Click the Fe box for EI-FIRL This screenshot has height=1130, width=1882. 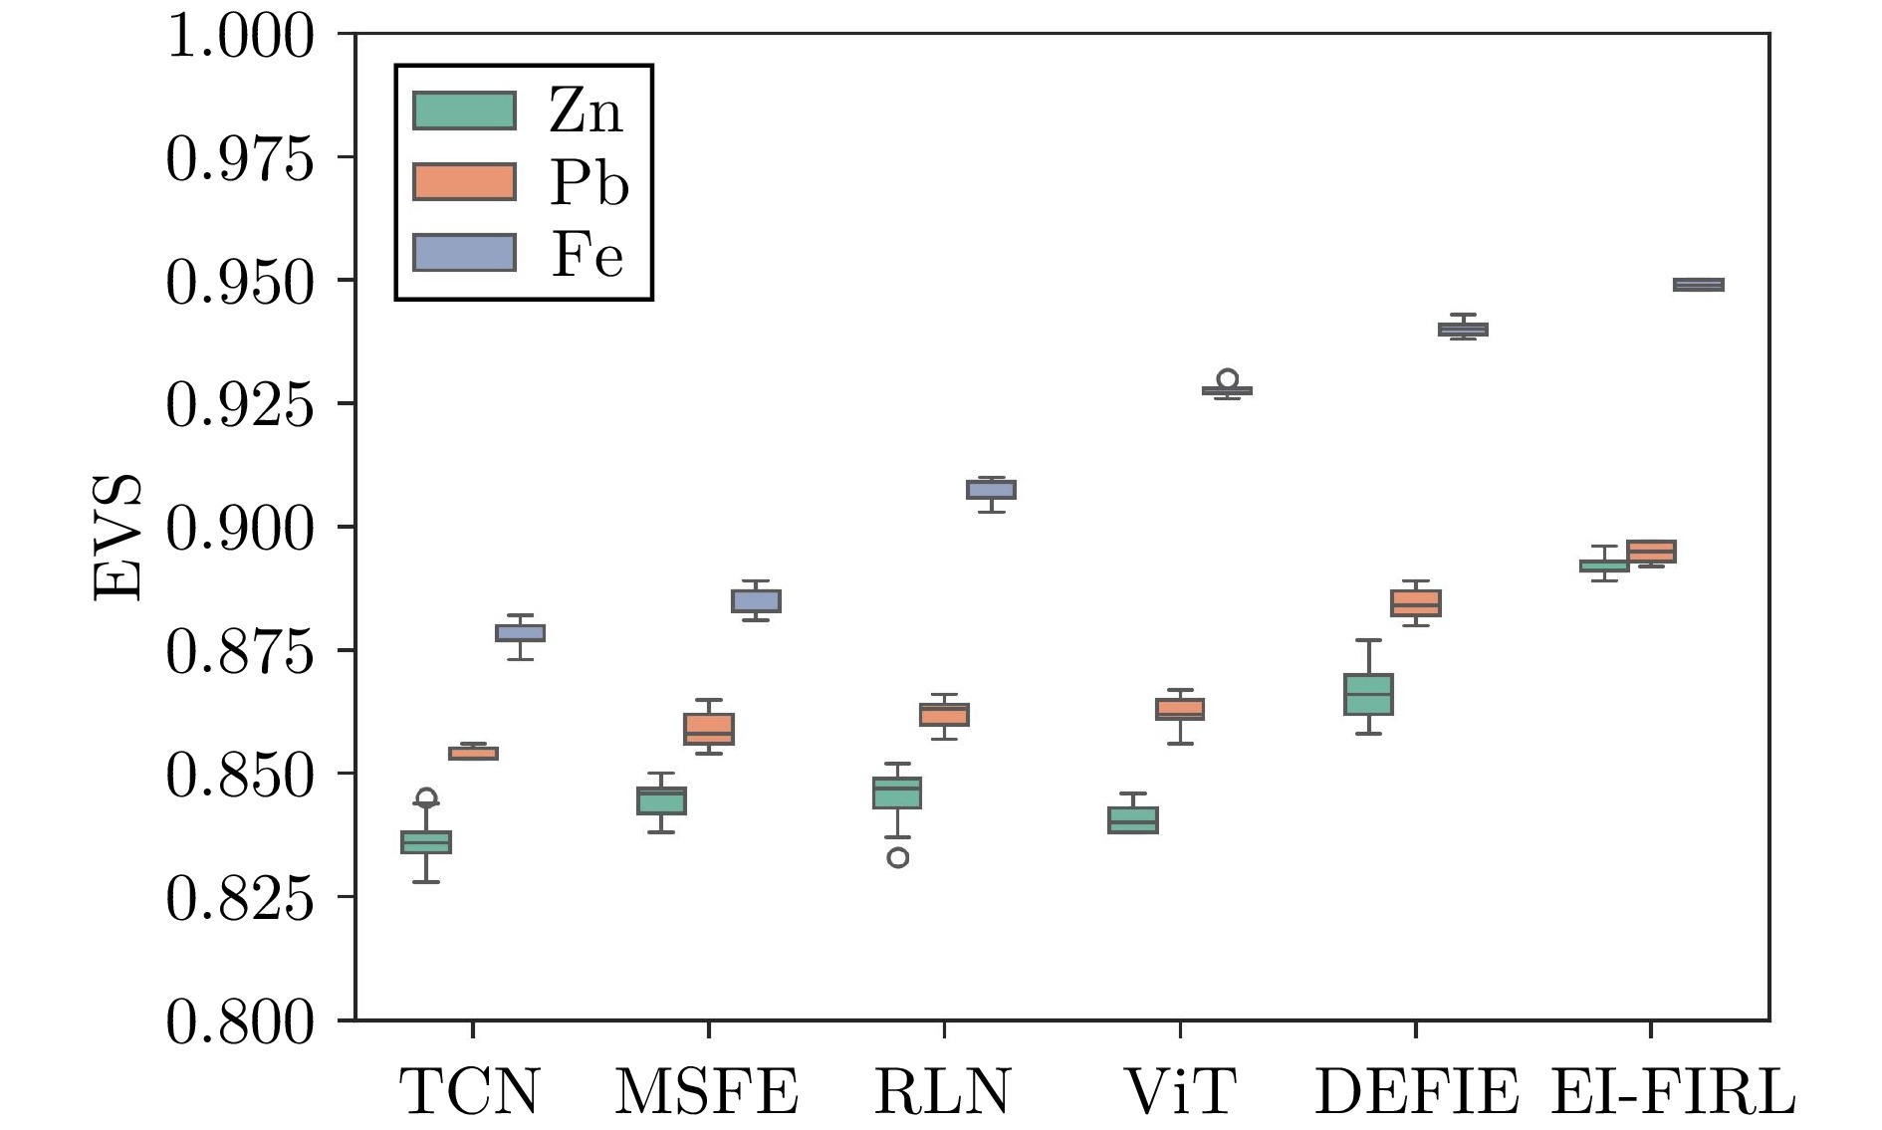coord(1698,285)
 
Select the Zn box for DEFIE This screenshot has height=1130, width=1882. coord(1368,694)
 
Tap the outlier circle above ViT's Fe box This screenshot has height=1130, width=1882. coord(1228,379)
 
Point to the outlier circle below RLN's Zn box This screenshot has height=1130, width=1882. coord(897,857)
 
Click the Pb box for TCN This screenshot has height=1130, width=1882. coord(473,753)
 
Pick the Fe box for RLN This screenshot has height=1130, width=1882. coord(991,490)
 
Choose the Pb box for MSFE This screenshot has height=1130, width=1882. coord(709,729)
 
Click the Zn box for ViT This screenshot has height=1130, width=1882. coord(1133,819)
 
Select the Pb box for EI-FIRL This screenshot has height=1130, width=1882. coord(1651,552)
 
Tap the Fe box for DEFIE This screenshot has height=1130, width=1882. coord(1463,330)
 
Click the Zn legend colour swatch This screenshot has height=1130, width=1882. coord(464,111)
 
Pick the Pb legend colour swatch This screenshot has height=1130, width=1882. coord(464,182)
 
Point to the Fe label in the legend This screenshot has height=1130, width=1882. coord(588,254)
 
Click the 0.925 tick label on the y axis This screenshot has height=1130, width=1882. coord(239,404)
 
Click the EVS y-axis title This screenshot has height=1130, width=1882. coord(118,538)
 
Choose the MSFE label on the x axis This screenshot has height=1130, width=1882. coord(707,1091)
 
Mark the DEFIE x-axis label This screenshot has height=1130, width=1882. coord(1416,1091)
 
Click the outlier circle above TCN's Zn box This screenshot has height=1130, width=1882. coord(426,797)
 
